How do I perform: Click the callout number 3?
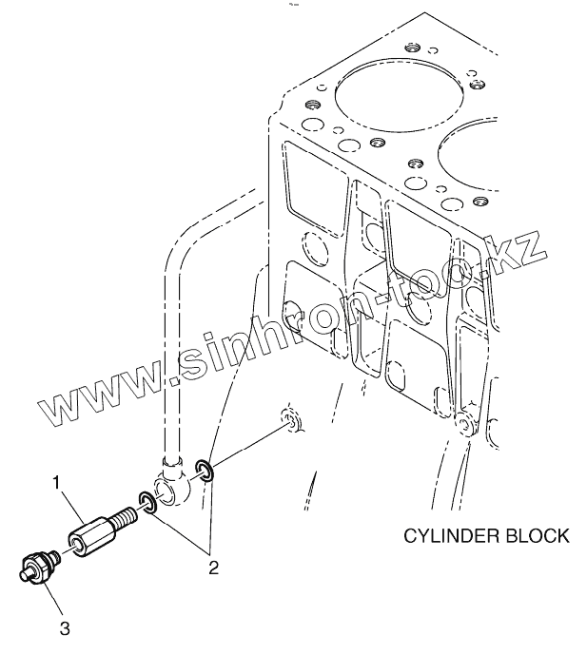pyautogui.click(x=65, y=626)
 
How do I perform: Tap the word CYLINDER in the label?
pyautogui.click(x=448, y=535)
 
